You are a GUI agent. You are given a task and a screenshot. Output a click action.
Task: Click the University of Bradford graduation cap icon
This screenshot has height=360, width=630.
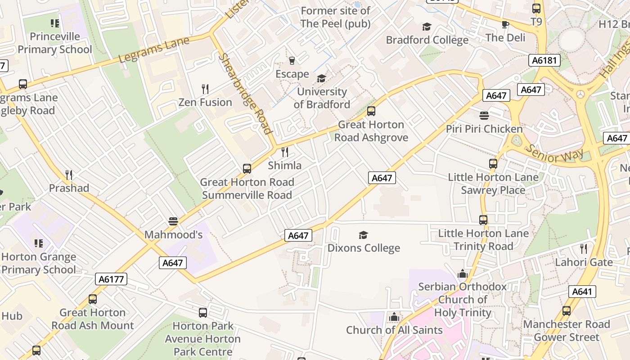[x=321, y=79]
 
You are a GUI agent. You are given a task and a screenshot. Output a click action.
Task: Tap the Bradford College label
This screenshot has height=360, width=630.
[x=427, y=40]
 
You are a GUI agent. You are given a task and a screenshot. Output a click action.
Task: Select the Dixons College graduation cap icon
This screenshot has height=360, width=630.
[x=363, y=235]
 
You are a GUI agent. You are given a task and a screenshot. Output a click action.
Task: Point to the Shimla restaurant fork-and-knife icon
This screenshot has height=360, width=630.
[x=284, y=152]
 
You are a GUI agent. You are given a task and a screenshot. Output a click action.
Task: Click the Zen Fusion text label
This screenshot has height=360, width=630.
[x=205, y=102]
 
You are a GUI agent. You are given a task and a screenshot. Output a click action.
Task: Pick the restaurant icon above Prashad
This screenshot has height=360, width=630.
[x=68, y=175]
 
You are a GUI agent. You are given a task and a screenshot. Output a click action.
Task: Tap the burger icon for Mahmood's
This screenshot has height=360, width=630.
[x=173, y=221]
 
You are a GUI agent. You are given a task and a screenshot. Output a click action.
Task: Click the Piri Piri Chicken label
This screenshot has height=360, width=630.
[x=484, y=129]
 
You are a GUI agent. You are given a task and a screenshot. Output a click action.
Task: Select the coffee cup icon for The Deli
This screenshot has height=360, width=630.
[x=505, y=24]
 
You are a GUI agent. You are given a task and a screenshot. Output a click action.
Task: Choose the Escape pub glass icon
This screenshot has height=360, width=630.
[x=292, y=61]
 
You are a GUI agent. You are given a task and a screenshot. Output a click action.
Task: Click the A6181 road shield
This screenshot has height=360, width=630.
[x=544, y=60]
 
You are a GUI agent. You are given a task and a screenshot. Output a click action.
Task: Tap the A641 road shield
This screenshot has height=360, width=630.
[x=582, y=292]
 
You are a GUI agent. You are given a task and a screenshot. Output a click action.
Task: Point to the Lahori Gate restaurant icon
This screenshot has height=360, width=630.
[x=584, y=248]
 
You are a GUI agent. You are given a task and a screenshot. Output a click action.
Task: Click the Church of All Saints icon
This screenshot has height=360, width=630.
[x=394, y=317]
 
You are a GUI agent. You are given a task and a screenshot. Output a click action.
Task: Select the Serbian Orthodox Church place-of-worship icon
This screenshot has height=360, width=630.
[x=463, y=274]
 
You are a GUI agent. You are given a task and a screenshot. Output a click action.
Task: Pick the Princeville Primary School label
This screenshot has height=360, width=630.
[x=54, y=43]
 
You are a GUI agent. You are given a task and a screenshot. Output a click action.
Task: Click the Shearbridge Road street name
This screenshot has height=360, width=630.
[x=245, y=94]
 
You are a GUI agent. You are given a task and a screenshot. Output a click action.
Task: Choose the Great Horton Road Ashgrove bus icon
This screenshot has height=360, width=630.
[x=371, y=111]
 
